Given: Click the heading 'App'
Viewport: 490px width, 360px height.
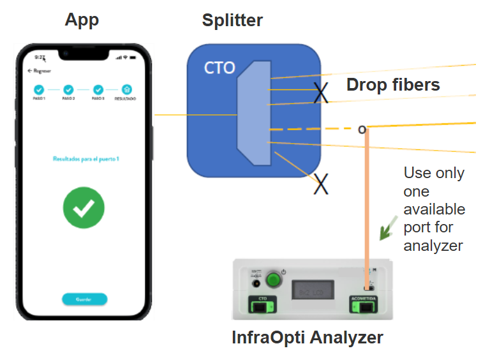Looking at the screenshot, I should coord(82,20).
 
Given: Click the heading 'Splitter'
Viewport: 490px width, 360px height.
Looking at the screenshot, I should coord(232,20).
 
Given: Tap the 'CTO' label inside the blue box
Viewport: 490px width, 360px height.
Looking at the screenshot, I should coord(219,68).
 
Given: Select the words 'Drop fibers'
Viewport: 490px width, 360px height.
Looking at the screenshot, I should coord(393,85).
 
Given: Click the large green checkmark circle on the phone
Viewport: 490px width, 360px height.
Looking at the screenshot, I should coord(84,207).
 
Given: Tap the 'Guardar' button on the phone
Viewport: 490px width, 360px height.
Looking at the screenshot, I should coord(84,299).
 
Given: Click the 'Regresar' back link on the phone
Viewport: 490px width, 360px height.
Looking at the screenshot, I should coord(40,70).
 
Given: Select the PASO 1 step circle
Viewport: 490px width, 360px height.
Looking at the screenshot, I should coord(38,90).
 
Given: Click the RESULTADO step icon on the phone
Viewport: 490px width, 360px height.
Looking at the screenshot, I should coord(126,90).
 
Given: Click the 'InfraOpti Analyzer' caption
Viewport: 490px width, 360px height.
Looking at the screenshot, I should coord(308,337).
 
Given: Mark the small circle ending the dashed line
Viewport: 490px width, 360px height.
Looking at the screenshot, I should coord(362,130).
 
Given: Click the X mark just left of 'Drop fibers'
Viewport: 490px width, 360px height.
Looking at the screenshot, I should coord(322,93).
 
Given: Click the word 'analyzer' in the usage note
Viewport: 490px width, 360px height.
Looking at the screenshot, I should coord(433,245).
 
